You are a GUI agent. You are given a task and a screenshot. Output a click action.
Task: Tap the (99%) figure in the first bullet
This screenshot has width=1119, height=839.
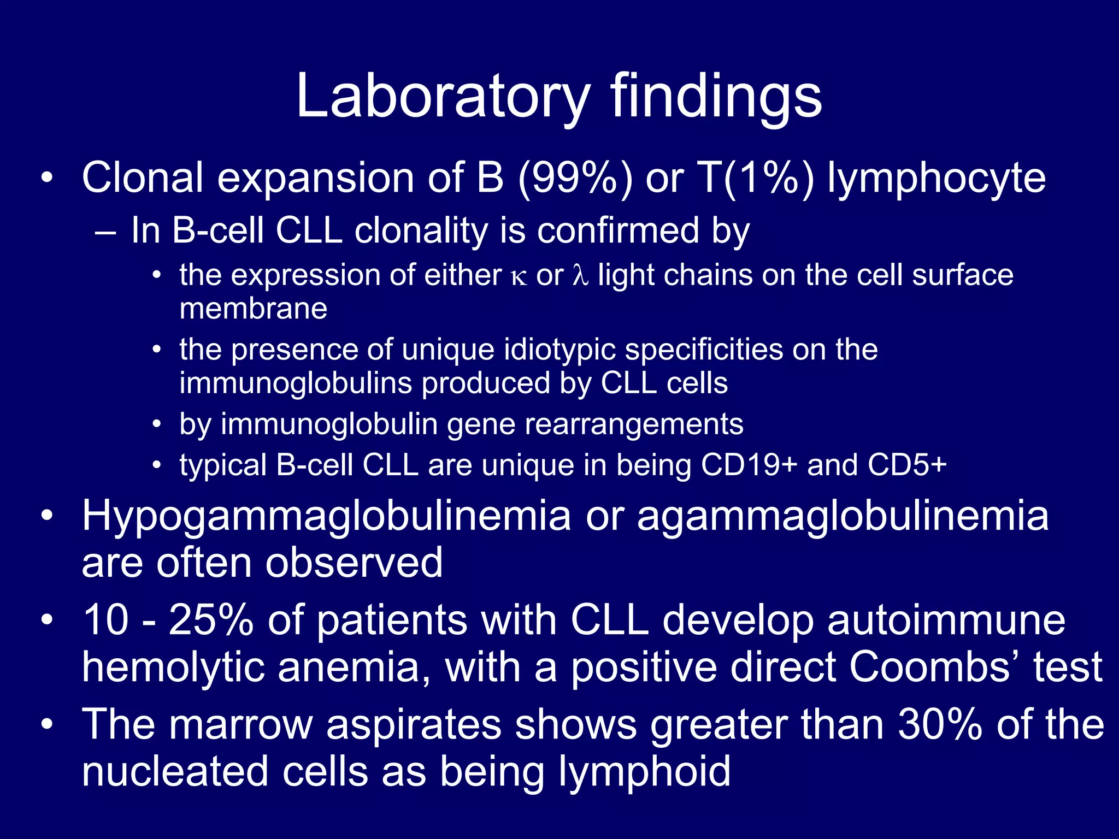tap(575, 179)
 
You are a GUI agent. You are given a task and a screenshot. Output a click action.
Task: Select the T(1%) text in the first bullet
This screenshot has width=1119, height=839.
tap(756, 179)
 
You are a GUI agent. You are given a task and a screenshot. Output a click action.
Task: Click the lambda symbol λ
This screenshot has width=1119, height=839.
tap(580, 275)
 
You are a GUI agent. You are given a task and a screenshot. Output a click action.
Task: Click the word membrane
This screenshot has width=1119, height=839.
tap(254, 309)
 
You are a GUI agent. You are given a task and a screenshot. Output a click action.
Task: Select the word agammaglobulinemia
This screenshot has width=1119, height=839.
tap(843, 517)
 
